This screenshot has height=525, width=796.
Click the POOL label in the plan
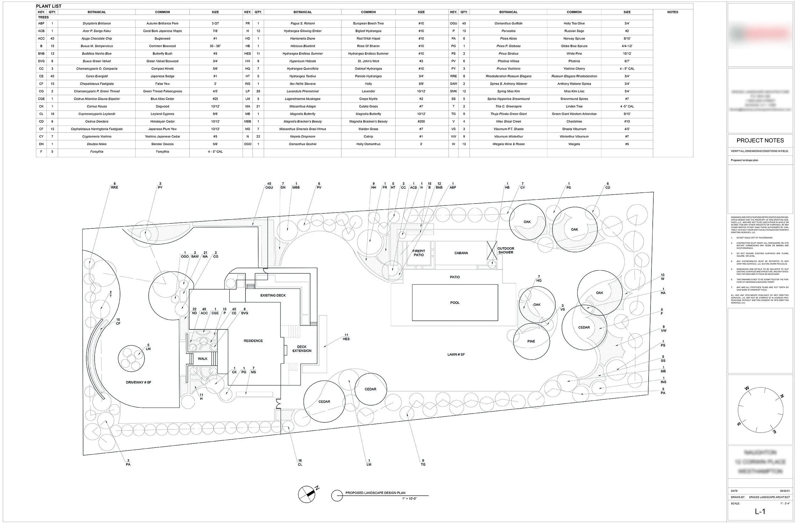(x=455, y=303)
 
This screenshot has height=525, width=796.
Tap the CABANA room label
(x=461, y=253)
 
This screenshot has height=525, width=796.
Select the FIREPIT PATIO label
(x=419, y=253)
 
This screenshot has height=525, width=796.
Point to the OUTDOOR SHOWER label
(x=506, y=250)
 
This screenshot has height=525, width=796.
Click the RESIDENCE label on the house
(x=253, y=341)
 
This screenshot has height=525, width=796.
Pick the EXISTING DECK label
(x=273, y=295)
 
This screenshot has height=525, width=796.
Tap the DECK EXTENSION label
(x=302, y=349)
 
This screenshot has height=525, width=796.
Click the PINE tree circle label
(x=531, y=342)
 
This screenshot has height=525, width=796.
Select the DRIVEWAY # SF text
(x=139, y=382)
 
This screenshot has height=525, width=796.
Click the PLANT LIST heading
(x=49, y=6)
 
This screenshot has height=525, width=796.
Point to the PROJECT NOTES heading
(x=760, y=140)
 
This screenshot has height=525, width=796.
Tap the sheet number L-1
(x=760, y=512)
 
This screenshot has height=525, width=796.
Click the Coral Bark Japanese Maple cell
(x=162, y=31)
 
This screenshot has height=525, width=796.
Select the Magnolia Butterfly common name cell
(x=368, y=114)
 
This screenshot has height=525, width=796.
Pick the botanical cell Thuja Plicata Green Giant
(x=508, y=114)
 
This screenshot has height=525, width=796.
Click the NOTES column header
(x=672, y=12)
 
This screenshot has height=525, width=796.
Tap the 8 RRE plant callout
(x=114, y=185)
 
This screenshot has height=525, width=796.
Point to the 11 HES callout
(x=346, y=337)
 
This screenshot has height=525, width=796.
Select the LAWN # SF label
(x=456, y=355)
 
